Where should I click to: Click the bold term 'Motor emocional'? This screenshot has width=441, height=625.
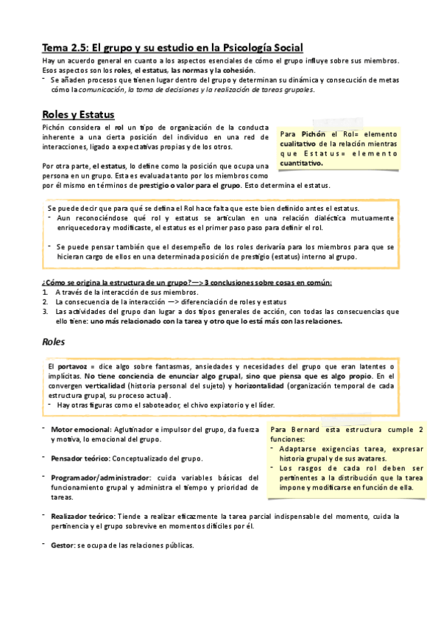pyautogui.click(x=79, y=429)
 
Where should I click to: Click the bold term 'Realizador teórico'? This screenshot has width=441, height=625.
pyautogui.click(x=83, y=516)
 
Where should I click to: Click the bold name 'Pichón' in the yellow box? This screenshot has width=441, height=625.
pyautogui.click(x=313, y=133)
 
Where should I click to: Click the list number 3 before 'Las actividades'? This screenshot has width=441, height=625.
pyautogui.click(x=45, y=312)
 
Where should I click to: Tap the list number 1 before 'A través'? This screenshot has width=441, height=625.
pyautogui.click(x=45, y=293)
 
